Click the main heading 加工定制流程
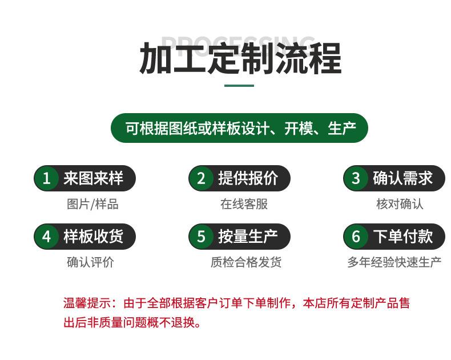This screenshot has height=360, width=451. coord(240,58)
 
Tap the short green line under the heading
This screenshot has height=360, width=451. coord(239,86)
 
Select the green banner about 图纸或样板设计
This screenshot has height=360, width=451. coord(239,128)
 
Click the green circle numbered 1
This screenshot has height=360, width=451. coord(46,178)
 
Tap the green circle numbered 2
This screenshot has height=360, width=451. coord(201,178)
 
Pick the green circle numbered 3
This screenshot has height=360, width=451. coord(356,178)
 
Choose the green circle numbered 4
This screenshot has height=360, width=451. coord(46,237)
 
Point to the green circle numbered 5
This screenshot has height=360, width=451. coord(201,237)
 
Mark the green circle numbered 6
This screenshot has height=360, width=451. coord(356,237)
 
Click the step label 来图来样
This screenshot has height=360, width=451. coord(93,178)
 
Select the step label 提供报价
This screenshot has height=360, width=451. coord(248,178)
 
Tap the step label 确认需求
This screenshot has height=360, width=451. coord(402,178)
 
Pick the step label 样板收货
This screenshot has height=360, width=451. coord(93,237)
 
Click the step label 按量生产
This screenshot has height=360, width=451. coord(248,237)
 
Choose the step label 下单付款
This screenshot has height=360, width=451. coord(402,237)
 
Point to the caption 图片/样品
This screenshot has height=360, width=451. coord(92,204)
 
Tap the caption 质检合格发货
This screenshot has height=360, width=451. coord(246,262)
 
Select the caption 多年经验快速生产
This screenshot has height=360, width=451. coord(394,262)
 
